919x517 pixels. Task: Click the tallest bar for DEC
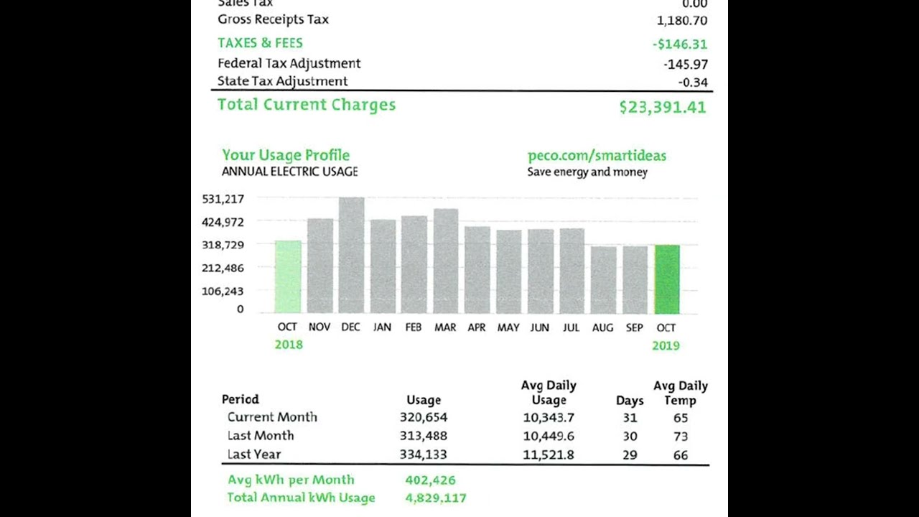tap(351, 256)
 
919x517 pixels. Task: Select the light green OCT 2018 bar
tap(288, 277)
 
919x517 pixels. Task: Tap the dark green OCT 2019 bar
tap(666, 279)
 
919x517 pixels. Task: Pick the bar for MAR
tap(445, 261)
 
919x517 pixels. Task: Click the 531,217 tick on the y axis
tap(223, 199)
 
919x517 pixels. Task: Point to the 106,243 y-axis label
tap(223, 292)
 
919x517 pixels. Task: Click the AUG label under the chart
tap(602, 327)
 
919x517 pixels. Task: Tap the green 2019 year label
tap(666, 345)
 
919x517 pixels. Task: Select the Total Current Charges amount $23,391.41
tap(662, 107)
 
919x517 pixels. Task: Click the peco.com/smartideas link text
tap(597, 155)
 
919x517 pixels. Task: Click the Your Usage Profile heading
tap(286, 155)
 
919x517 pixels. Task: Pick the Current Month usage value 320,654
tap(423, 417)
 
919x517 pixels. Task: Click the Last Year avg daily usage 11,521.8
tap(549, 455)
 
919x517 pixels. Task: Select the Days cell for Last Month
tap(630, 436)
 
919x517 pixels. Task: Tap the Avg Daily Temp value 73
tap(681, 436)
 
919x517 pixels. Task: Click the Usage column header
tap(424, 400)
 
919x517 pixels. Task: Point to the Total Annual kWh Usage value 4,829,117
tap(436, 498)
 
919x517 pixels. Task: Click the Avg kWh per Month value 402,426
tap(430, 480)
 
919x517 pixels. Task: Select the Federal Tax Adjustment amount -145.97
tap(686, 64)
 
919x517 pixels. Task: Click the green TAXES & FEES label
tap(260, 43)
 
